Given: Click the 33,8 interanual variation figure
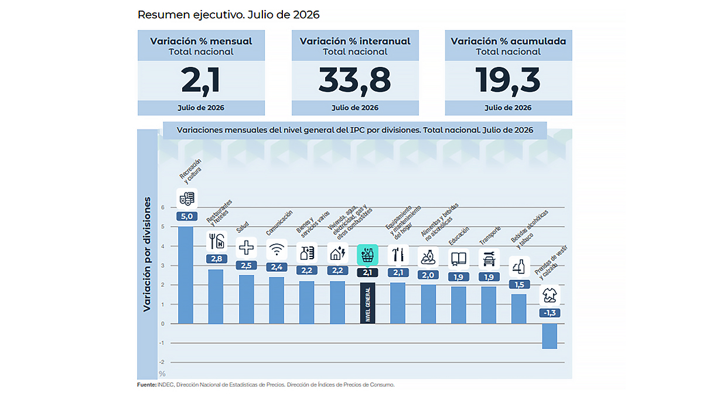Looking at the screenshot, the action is (x=354, y=80).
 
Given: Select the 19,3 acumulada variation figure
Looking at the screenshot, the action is (x=508, y=80).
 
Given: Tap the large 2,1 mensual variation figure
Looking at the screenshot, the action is (x=201, y=80).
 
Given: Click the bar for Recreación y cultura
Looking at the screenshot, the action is (x=186, y=275).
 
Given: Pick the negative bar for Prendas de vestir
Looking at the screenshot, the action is (x=550, y=336).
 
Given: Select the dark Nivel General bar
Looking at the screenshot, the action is (x=367, y=303).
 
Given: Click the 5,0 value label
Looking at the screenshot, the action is (x=187, y=216).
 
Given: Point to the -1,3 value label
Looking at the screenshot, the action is (x=550, y=313).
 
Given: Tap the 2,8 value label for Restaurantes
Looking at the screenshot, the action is (x=217, y=259).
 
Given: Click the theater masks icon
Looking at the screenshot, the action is (x=187, y=199).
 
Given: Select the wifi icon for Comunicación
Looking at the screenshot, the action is (x=277, y=250).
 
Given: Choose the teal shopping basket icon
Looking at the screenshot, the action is (x=367, y=255).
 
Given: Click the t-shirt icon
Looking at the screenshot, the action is (x=550, y=295).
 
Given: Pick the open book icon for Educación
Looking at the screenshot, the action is (x=459, y=259).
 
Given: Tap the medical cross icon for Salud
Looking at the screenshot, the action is (x=247, y=248).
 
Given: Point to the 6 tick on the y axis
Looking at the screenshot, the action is (x=163, y=208).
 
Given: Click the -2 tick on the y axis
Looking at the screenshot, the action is (x=162, y=363).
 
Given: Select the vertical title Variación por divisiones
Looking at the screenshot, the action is (x=147, y=254).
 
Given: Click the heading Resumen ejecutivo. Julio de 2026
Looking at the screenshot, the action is (x=228, y=15).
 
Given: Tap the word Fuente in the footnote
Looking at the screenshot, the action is (x=146, y=385).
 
